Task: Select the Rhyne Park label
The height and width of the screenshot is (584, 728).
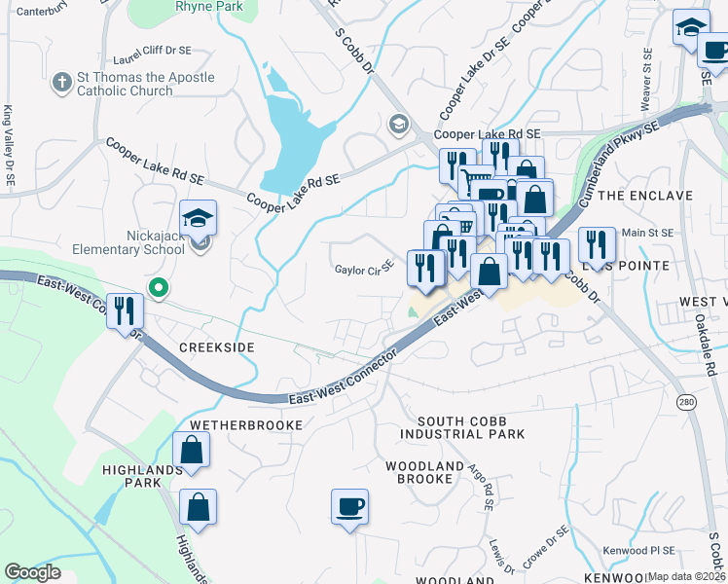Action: coord(208,6)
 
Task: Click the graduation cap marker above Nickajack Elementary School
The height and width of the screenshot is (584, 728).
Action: coord(199,220)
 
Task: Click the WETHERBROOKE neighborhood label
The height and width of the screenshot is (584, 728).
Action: coord(247,425)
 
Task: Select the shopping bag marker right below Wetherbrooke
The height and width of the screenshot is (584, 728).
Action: coord(192,451)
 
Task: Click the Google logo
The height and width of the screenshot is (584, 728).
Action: coord(32,572)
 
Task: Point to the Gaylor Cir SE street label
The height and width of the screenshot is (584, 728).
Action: coord(364,269)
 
